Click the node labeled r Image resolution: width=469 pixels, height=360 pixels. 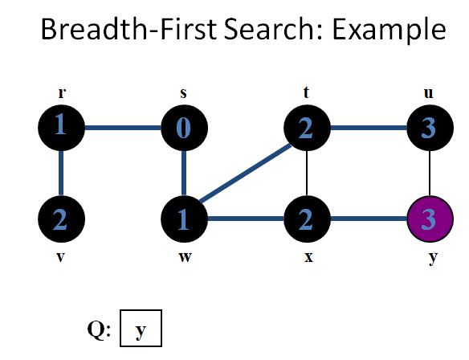tap(61, 127)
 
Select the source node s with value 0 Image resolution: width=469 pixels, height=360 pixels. tap(184, 128)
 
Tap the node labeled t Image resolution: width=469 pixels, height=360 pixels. tap(306, 128)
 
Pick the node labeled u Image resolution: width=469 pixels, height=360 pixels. tap(429, 128)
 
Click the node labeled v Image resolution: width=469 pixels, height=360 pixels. tap(61, 218)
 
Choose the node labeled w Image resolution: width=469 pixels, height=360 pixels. tap(184, 218)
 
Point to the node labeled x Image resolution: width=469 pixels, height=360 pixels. tap(306, 218)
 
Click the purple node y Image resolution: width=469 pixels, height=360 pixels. tap(429, 218)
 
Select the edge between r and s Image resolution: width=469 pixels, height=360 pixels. tap(122, 127)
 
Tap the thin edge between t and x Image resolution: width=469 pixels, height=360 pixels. tap(306, 173)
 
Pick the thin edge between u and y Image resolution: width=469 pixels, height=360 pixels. tap(429, 173)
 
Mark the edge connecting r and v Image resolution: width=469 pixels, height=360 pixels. tap(61, 173)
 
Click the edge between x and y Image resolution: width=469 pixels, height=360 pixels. tap(367, 218)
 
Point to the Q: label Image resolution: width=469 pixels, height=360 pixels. tap(99, 328)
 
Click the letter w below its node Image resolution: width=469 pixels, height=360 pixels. tap(184, 260)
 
